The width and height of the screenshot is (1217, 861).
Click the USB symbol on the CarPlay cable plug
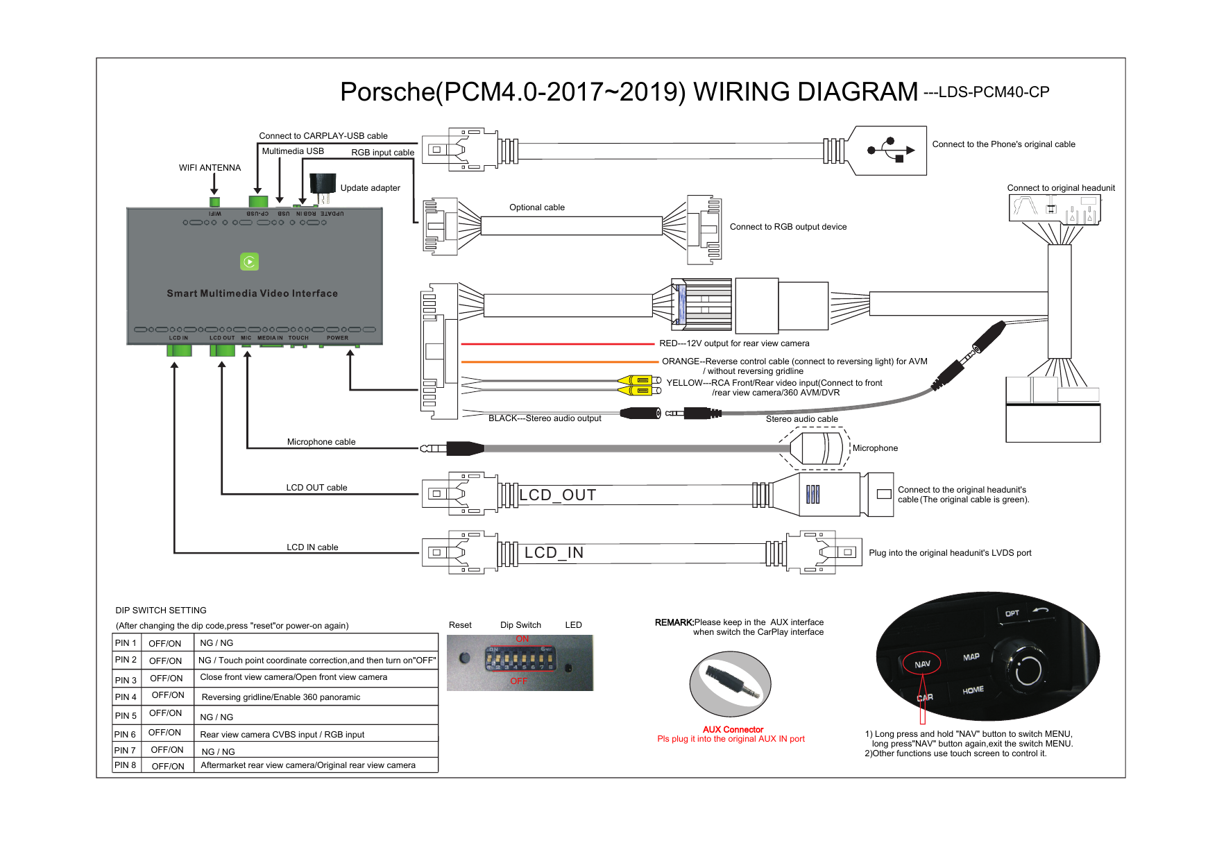pos(890,150)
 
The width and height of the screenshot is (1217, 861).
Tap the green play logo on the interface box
pos(249,262)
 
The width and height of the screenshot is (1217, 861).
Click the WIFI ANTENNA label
pos(210,168)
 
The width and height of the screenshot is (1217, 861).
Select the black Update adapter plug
pos(322,185)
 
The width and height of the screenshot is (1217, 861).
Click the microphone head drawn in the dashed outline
pos(819,448)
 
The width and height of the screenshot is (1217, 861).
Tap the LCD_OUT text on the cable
pos(557,495)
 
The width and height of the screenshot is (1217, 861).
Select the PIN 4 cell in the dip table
pos(126,697)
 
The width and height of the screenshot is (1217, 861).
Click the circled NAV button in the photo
pos(922,664)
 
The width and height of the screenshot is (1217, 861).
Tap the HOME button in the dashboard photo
pos(973,690)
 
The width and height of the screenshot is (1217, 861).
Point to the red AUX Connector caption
pos(733,729)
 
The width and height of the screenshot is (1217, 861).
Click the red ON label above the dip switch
pos(522,639)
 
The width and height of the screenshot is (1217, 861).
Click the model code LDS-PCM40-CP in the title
pos(993,92)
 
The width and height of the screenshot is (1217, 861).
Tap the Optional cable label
pos(536,207)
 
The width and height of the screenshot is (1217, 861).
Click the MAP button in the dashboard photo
pos(971,656)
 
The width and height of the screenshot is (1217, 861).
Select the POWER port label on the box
pos(337,338)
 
